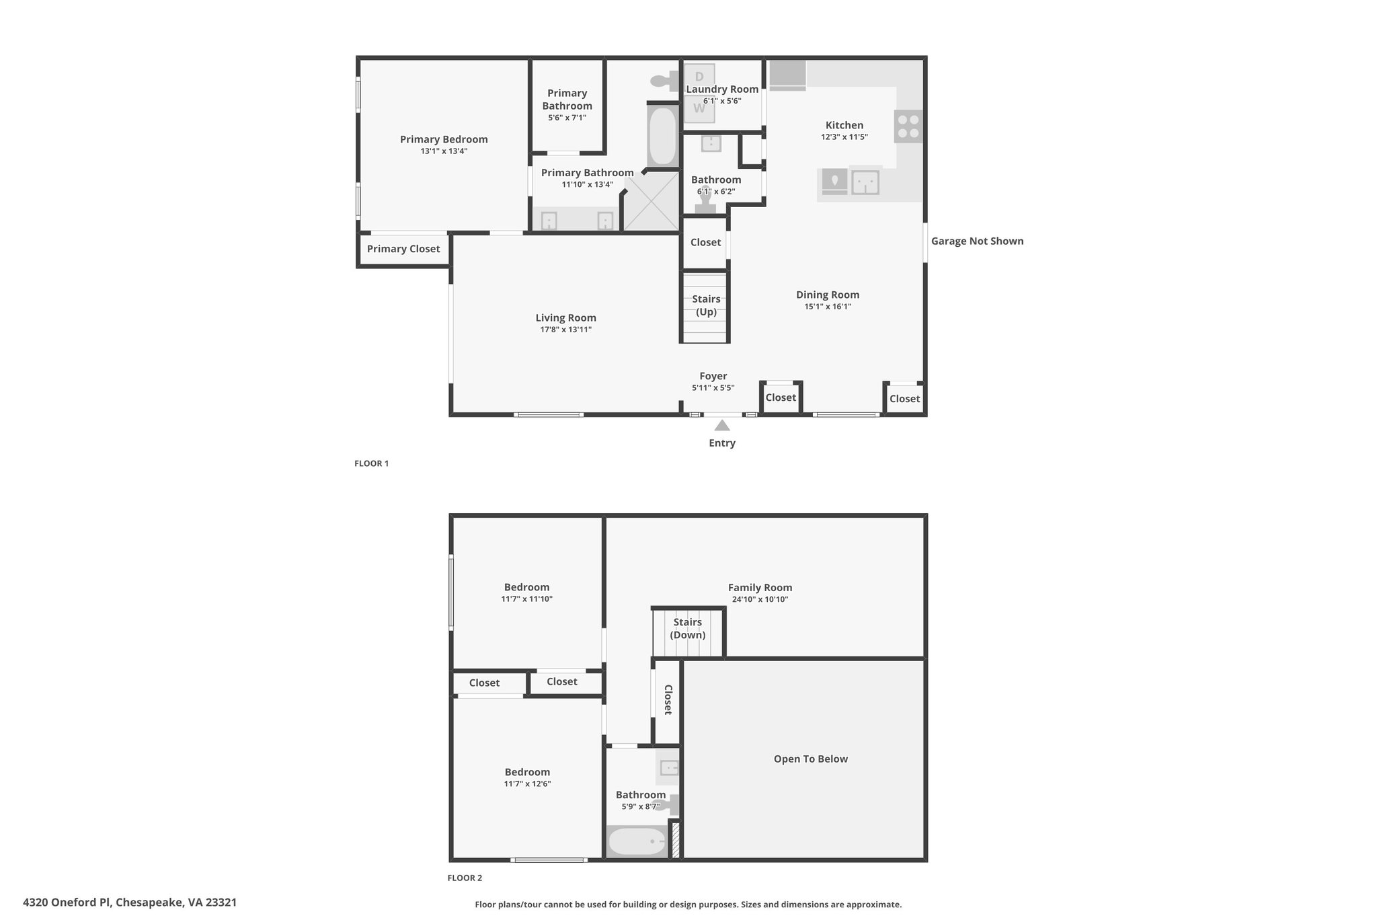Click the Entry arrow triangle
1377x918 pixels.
click(722, 425)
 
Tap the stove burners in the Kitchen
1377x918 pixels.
click(908, 126)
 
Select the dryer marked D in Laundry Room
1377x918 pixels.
click(699, 76)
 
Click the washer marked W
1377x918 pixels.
click(699, 108)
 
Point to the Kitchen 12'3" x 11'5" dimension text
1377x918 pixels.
click(844, 137)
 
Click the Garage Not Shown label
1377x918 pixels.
click(977, 241)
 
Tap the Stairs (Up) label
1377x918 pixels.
click(706, 305)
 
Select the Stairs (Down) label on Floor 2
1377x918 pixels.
click(688, 629)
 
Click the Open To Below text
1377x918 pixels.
click(811, 759)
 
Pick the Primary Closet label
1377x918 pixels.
click(403, 249)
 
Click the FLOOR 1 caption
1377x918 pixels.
click(372, 463)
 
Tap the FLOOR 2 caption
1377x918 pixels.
click(465, 878)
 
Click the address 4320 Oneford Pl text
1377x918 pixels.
click(67, 903)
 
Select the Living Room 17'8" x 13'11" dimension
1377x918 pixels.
click(566, 330)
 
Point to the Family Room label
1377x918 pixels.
click(760, 587)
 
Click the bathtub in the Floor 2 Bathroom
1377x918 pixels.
click(637, 841)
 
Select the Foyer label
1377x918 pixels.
click(713, 376)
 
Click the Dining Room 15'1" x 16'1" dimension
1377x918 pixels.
click(828, 307)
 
